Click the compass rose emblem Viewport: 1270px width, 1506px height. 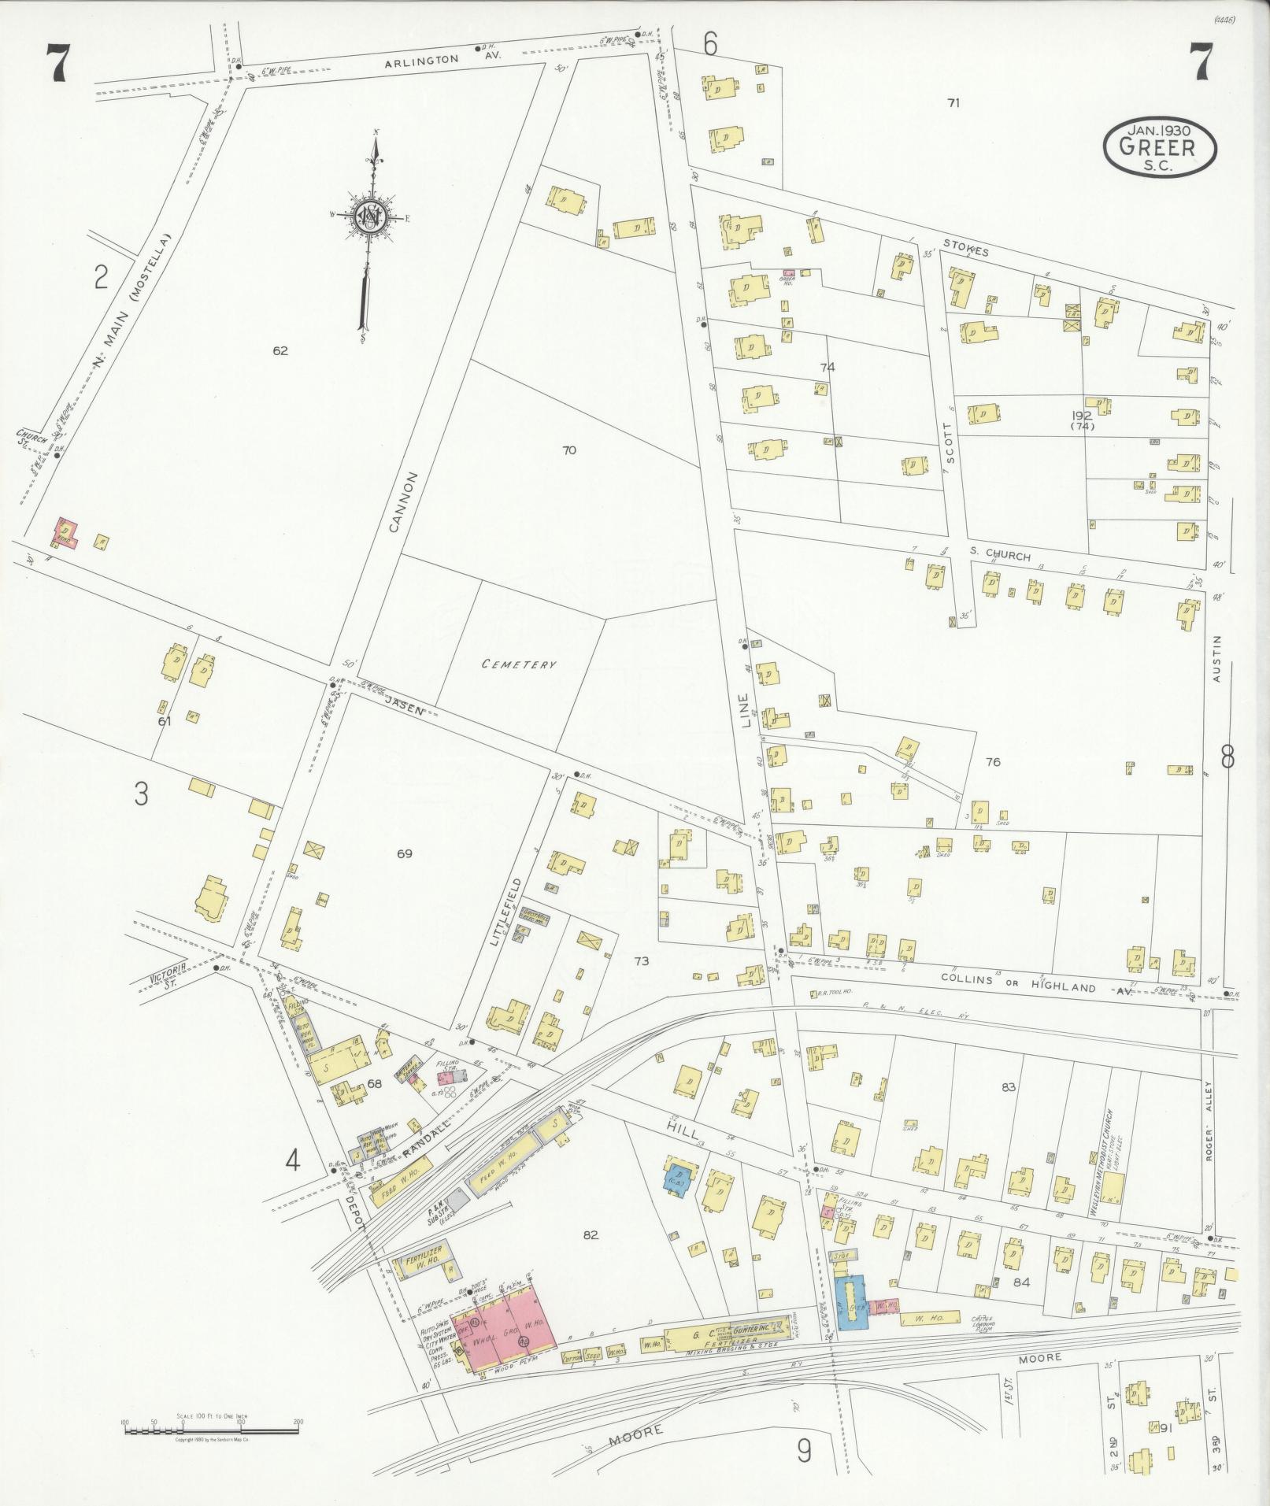pyautogui.click(x=368, y=216)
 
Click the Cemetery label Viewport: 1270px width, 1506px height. pyautogui.click(x=519, y=664)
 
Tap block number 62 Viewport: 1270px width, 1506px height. pyautogui.click(x=280, y=351)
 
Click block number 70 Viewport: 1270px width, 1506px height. pyautogui.click(x=569, y=450)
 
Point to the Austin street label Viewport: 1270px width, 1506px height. pyautogui.click(x=1217, y=658)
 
